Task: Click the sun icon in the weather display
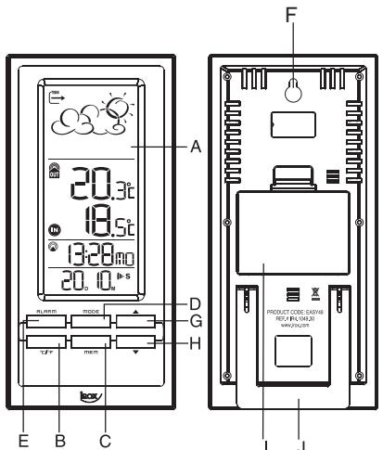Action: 118,110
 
